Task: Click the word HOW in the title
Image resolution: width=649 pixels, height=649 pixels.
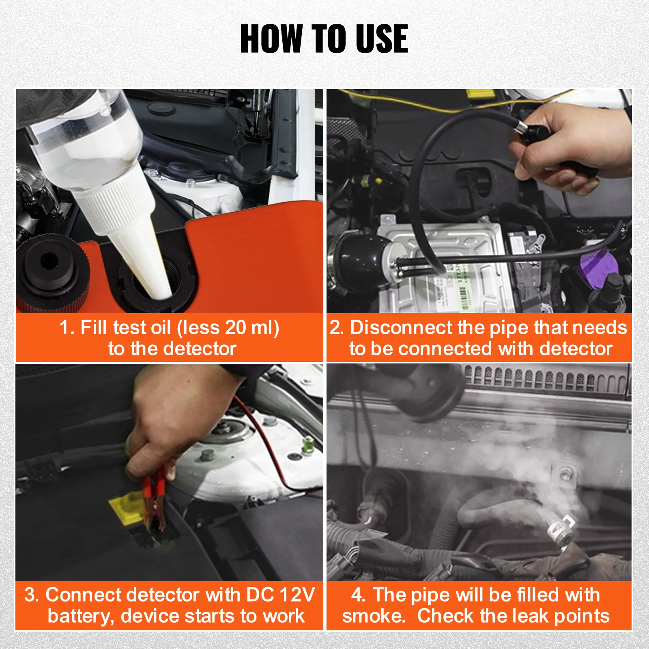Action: [x=272, y=39]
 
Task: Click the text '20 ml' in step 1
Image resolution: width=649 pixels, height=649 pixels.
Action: [x=243, y=327]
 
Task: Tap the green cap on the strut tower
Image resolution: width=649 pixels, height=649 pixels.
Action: [x=308, y=444]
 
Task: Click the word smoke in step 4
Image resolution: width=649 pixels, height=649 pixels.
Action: [x=374, y=616]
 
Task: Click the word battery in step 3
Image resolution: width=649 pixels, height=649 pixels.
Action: [x=81, y=616]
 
